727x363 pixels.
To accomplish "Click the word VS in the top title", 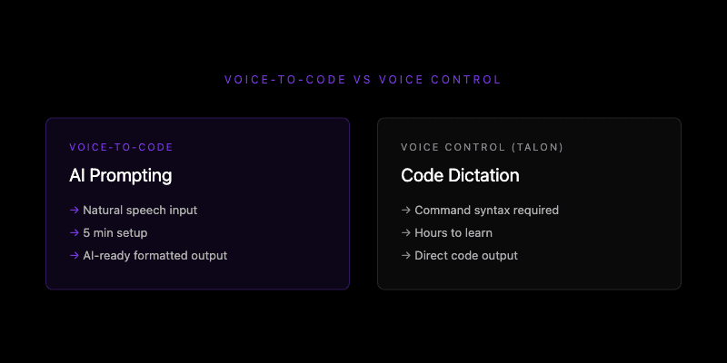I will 362,80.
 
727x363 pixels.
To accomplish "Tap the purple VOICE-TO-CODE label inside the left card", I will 121,147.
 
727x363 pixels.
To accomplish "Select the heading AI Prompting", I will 120,175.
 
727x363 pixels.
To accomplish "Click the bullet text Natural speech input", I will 140,210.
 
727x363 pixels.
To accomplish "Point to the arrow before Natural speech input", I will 74,210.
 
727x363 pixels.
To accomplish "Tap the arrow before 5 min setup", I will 74,232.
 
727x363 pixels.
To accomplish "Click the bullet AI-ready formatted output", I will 154,255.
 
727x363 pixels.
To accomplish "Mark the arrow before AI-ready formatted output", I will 74,255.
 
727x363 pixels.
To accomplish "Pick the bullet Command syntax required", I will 486,210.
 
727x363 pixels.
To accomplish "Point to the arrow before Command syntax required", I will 405,210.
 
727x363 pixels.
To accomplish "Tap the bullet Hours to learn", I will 453,232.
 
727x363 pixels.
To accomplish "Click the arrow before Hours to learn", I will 405,232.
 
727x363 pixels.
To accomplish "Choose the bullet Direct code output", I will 466,255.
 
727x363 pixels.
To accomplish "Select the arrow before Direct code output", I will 405,255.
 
